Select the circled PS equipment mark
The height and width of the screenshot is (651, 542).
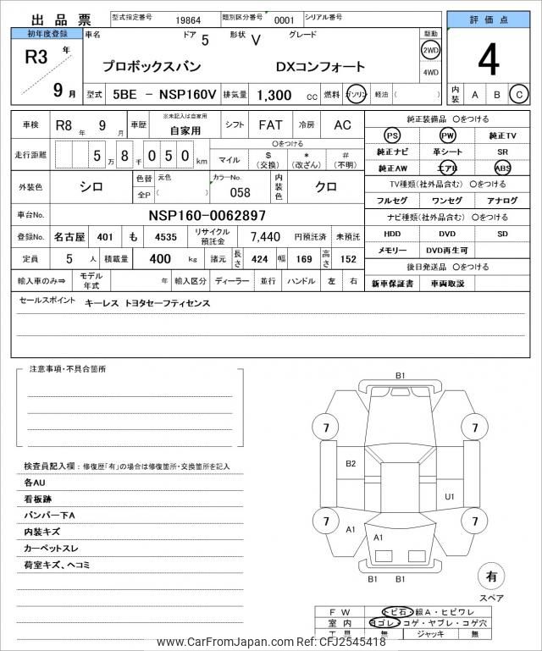[391, 135]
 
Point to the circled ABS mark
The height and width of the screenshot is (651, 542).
[502, 168]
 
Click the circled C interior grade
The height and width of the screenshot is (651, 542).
[518, 95]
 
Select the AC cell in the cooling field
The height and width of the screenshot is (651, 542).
[341, 125]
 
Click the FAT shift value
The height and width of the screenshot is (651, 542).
[270, 125]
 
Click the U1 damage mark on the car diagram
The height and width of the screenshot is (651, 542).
[450, 496]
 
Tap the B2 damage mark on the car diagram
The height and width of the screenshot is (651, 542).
[351, 463]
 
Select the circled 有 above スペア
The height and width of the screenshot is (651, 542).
[490, 577]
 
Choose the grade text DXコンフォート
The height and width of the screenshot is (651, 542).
[320, 66]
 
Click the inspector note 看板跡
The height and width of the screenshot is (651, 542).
[41, 499]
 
